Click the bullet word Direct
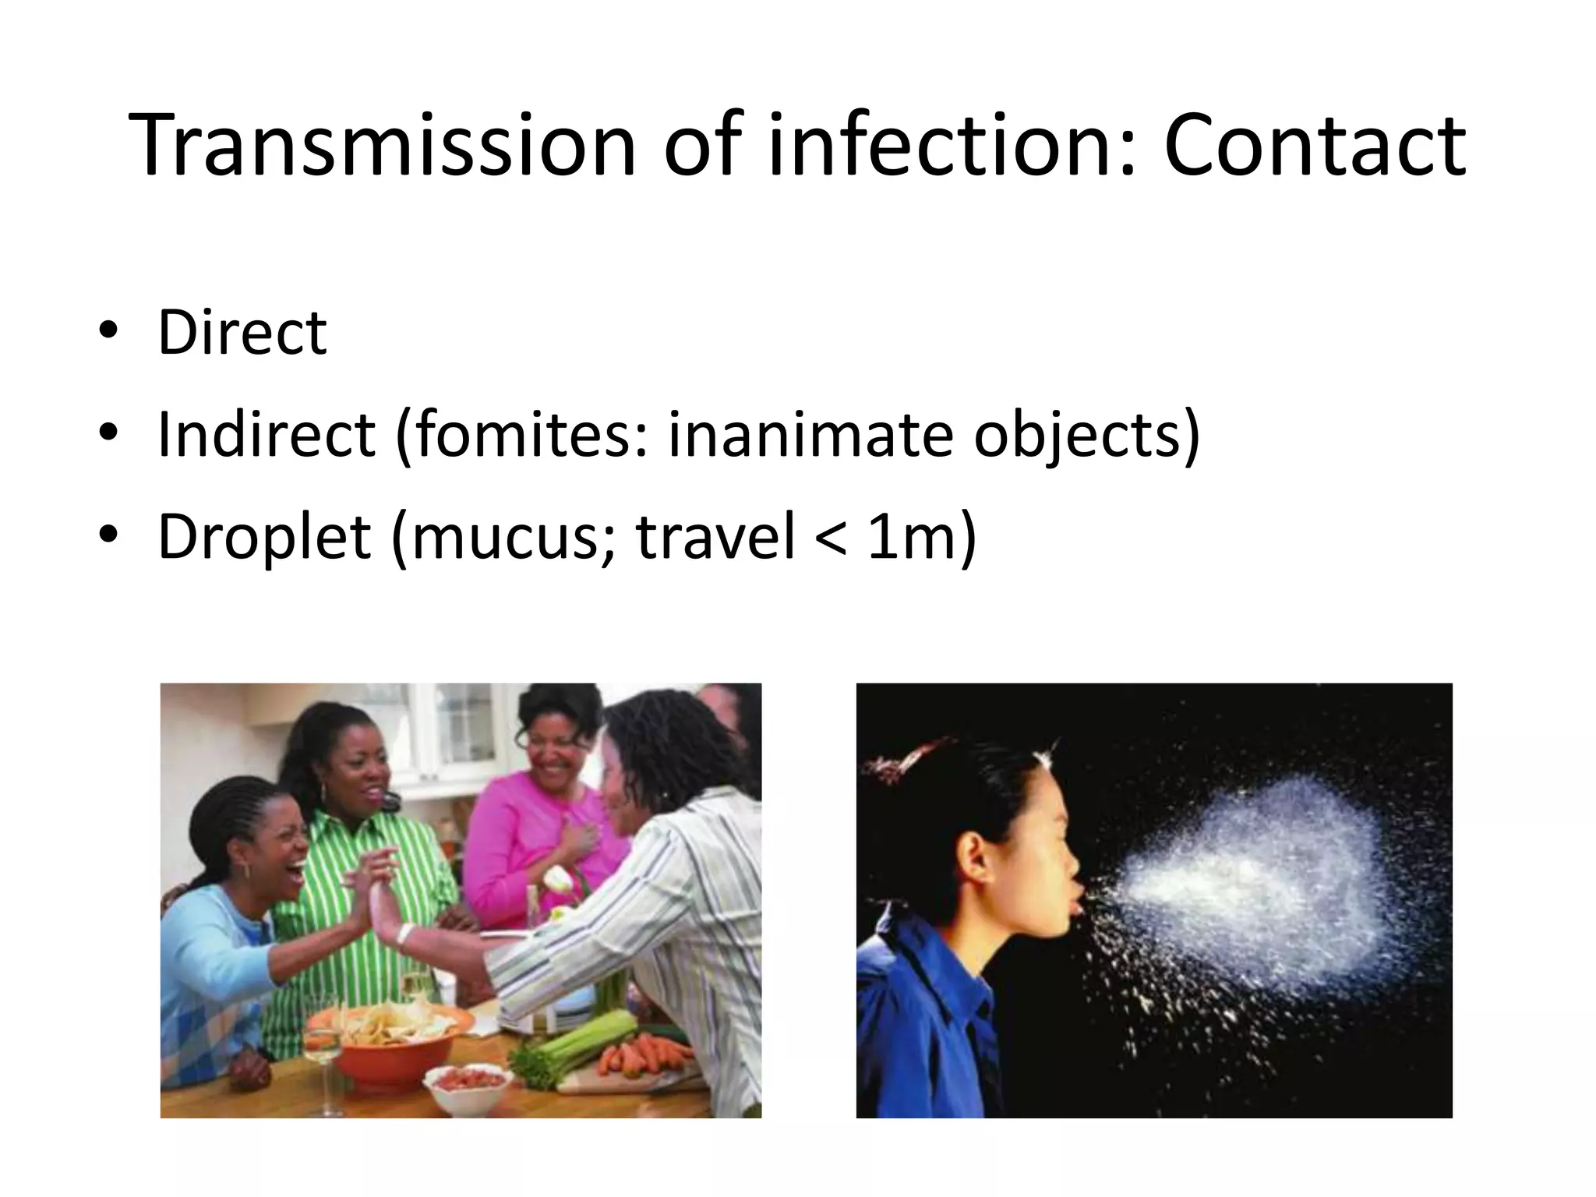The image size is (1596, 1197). [242, 333]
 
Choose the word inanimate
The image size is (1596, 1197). [810, 434]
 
